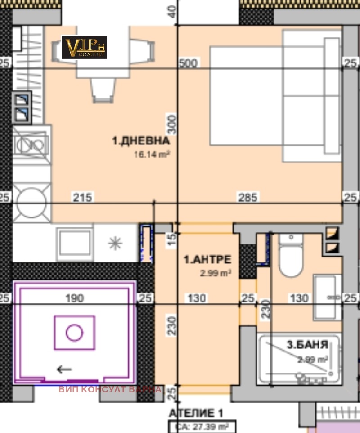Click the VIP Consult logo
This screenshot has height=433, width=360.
tap(84, 47)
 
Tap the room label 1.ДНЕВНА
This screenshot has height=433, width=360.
tap(141, 141)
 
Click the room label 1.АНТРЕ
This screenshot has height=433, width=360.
tap(207, 259)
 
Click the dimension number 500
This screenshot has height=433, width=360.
tap(188, 63)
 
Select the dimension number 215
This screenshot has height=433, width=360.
tap(83, 197)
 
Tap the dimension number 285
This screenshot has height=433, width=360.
tap(249, 197)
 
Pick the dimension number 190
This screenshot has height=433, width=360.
tap(74, 298)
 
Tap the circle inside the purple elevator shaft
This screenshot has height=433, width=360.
tap(74, 333)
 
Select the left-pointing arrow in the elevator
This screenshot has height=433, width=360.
tap(64, 370)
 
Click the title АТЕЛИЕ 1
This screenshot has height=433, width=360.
tap(196, 413)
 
